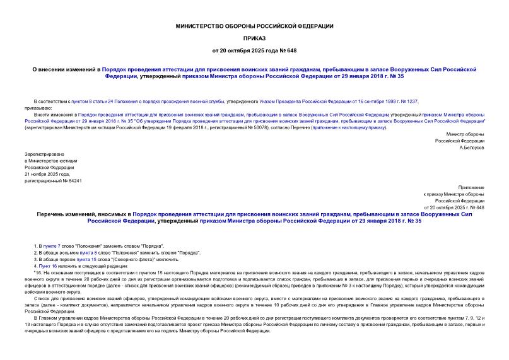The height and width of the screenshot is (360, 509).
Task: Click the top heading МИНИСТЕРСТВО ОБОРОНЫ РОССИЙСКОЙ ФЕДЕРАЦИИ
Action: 254,26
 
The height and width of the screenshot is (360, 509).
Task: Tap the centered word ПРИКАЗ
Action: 254,38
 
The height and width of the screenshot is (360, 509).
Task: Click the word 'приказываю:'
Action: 39,108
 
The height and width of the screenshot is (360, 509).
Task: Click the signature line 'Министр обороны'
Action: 465,134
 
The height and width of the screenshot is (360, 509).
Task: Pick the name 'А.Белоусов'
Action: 471,148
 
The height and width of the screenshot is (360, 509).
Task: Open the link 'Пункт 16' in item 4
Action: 48,265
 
